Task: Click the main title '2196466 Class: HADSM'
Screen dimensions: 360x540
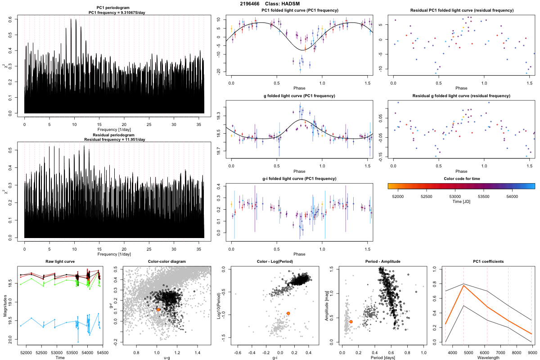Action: tap(270, 4)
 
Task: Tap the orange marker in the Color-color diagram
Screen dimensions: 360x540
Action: tap(158, 310)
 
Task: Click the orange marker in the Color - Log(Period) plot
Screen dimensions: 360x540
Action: tap(288, 313)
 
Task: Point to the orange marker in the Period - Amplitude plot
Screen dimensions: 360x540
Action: tap(351, 322)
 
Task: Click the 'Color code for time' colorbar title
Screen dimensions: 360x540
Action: tap(461, 179)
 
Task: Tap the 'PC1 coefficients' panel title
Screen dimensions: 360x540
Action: tap(488, 261)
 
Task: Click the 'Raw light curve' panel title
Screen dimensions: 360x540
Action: tap(60, 261)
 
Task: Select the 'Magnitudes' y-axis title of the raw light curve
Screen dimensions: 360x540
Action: tap(4, 306)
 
